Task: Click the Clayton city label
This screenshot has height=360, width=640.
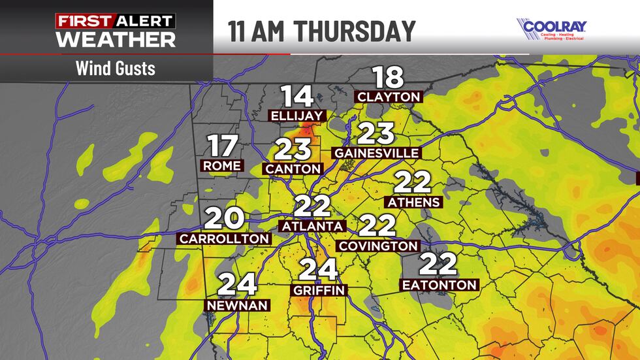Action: (x=389, y=97)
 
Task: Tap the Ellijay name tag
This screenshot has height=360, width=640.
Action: (x=296, y=116)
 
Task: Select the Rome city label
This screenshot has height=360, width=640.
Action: (x=222, y=166)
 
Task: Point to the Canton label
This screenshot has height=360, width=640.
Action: (x=294, y=169)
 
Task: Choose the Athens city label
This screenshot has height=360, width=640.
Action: (x=414, y=202)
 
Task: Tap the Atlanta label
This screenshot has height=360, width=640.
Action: (x=312, y=226)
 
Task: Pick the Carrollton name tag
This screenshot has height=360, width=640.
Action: (x=224, y=239)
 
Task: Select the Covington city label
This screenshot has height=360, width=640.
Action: (x=377, y=246)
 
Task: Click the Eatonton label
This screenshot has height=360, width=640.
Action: (x=439, y=285)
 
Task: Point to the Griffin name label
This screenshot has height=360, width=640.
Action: (x=319, y=290)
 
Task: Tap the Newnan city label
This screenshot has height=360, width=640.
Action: (x=238, y=305)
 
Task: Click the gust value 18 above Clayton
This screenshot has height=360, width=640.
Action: (x=389, y=77)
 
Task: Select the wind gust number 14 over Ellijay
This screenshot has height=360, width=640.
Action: (x=297, y=97)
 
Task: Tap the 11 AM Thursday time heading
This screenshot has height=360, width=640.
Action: (x=321, y=31)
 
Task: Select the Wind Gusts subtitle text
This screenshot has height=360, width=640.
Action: (x=115, y=67)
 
